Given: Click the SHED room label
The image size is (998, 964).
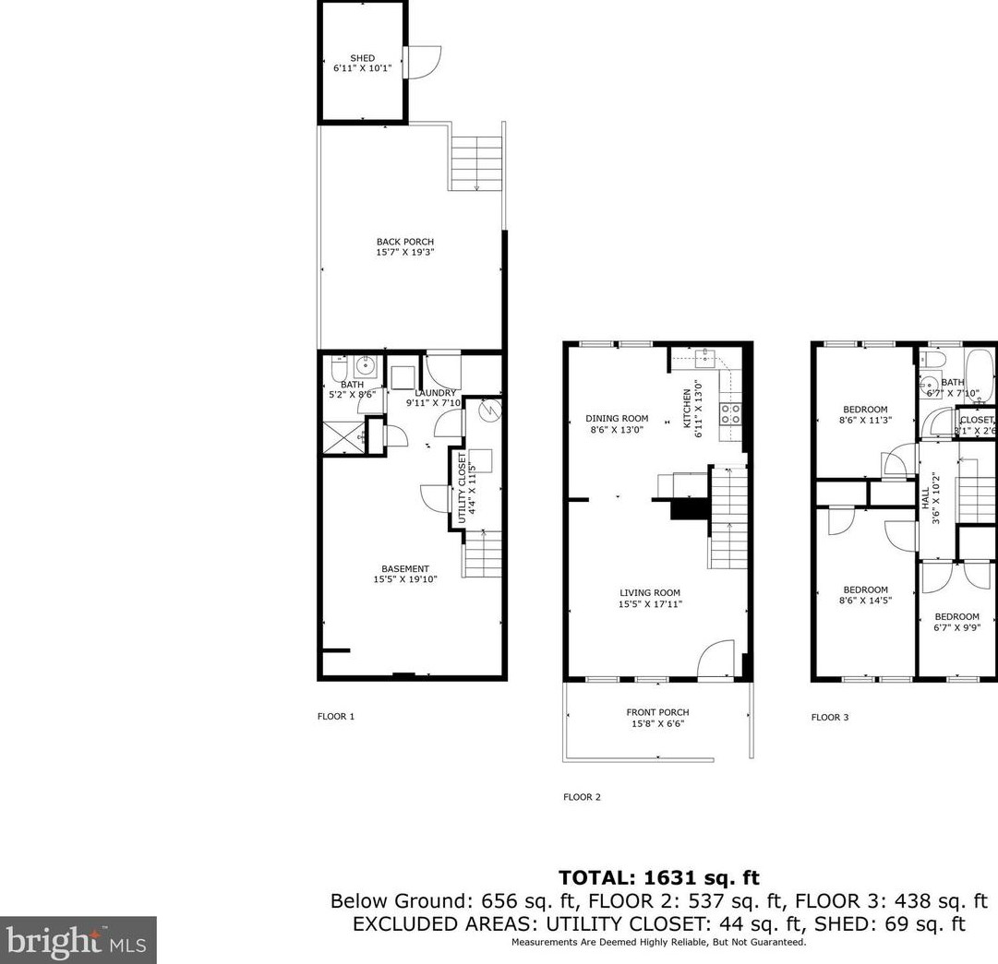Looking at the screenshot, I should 362,58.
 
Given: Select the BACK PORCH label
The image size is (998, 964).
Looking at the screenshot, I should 404,242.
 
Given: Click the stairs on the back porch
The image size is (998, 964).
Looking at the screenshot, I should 476,162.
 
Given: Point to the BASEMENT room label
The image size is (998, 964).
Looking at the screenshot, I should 405,569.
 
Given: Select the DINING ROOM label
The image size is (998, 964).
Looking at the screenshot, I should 617,418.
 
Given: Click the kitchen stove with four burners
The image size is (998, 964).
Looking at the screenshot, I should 730,413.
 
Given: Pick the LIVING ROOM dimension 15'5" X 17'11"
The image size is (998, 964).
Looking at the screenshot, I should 650,604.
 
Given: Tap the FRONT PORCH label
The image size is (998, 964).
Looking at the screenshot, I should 657,712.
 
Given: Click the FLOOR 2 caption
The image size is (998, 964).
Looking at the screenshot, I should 582,797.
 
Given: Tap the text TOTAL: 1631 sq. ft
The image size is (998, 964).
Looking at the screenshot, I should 658,878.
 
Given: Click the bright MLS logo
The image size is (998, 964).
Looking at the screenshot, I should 78,940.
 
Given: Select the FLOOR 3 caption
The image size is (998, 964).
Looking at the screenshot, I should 829,717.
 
